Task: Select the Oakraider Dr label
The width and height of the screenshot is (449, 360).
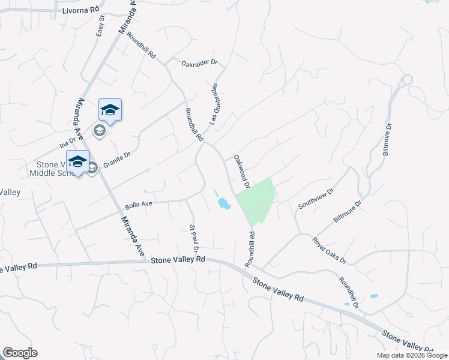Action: click(199, 62)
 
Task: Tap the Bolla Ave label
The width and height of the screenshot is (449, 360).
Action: click(138, 205)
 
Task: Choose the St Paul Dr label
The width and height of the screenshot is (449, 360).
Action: click(194, 237)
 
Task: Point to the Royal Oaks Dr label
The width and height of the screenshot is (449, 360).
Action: click(329, 250)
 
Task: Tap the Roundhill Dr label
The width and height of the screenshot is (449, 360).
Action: click(348, 293)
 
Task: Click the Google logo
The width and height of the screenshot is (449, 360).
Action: click(20, 353)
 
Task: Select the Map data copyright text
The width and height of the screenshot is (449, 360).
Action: click(412, 355)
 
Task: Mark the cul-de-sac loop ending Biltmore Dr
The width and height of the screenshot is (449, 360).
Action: click(407, 79)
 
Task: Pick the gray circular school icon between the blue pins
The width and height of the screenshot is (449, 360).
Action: click(99, 130)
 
